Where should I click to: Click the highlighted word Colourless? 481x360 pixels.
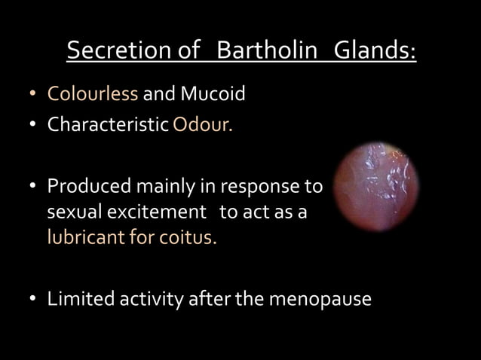[x=92, y=96]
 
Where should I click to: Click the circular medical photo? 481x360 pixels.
[x=376, y=185]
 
